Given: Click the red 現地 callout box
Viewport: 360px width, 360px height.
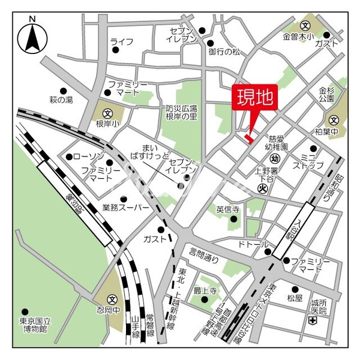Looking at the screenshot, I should pos(255,98).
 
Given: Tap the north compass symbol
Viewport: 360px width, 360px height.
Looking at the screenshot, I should pos(32,38).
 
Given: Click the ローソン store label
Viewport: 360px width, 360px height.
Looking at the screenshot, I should pos(91,157).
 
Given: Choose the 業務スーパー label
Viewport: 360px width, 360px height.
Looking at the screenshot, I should pos(125,208).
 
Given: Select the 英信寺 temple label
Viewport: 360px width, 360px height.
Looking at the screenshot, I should pos(227,210).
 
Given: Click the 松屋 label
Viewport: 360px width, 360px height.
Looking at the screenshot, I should pos(294,298).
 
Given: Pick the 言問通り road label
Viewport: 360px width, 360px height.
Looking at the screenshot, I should pos(204,253).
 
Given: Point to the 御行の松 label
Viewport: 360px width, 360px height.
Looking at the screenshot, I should pos(224,52).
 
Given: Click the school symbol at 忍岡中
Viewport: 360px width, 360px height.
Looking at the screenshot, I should pos(112,299).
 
